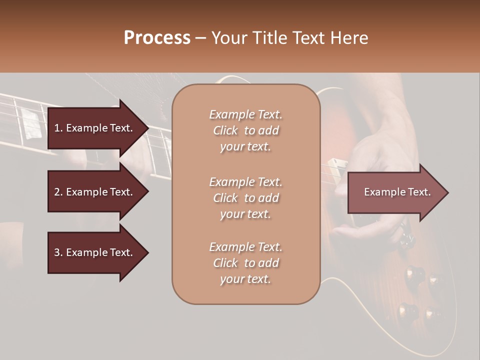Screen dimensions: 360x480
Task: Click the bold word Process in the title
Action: point(157,38)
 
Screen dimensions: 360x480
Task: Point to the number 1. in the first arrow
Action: point(58,128)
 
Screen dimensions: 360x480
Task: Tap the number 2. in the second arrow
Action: point(58,192)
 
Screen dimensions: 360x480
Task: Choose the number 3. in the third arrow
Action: point(58,252)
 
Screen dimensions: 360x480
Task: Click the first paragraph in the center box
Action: point(245,130)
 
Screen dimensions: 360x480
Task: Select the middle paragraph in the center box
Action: point(245,197)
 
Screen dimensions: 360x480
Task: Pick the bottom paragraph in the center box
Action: point(245,263)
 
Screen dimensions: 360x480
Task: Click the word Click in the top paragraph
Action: point(225,130)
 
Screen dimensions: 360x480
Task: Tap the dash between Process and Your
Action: point(201,38)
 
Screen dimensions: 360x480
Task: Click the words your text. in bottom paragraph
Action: point(245,279)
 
